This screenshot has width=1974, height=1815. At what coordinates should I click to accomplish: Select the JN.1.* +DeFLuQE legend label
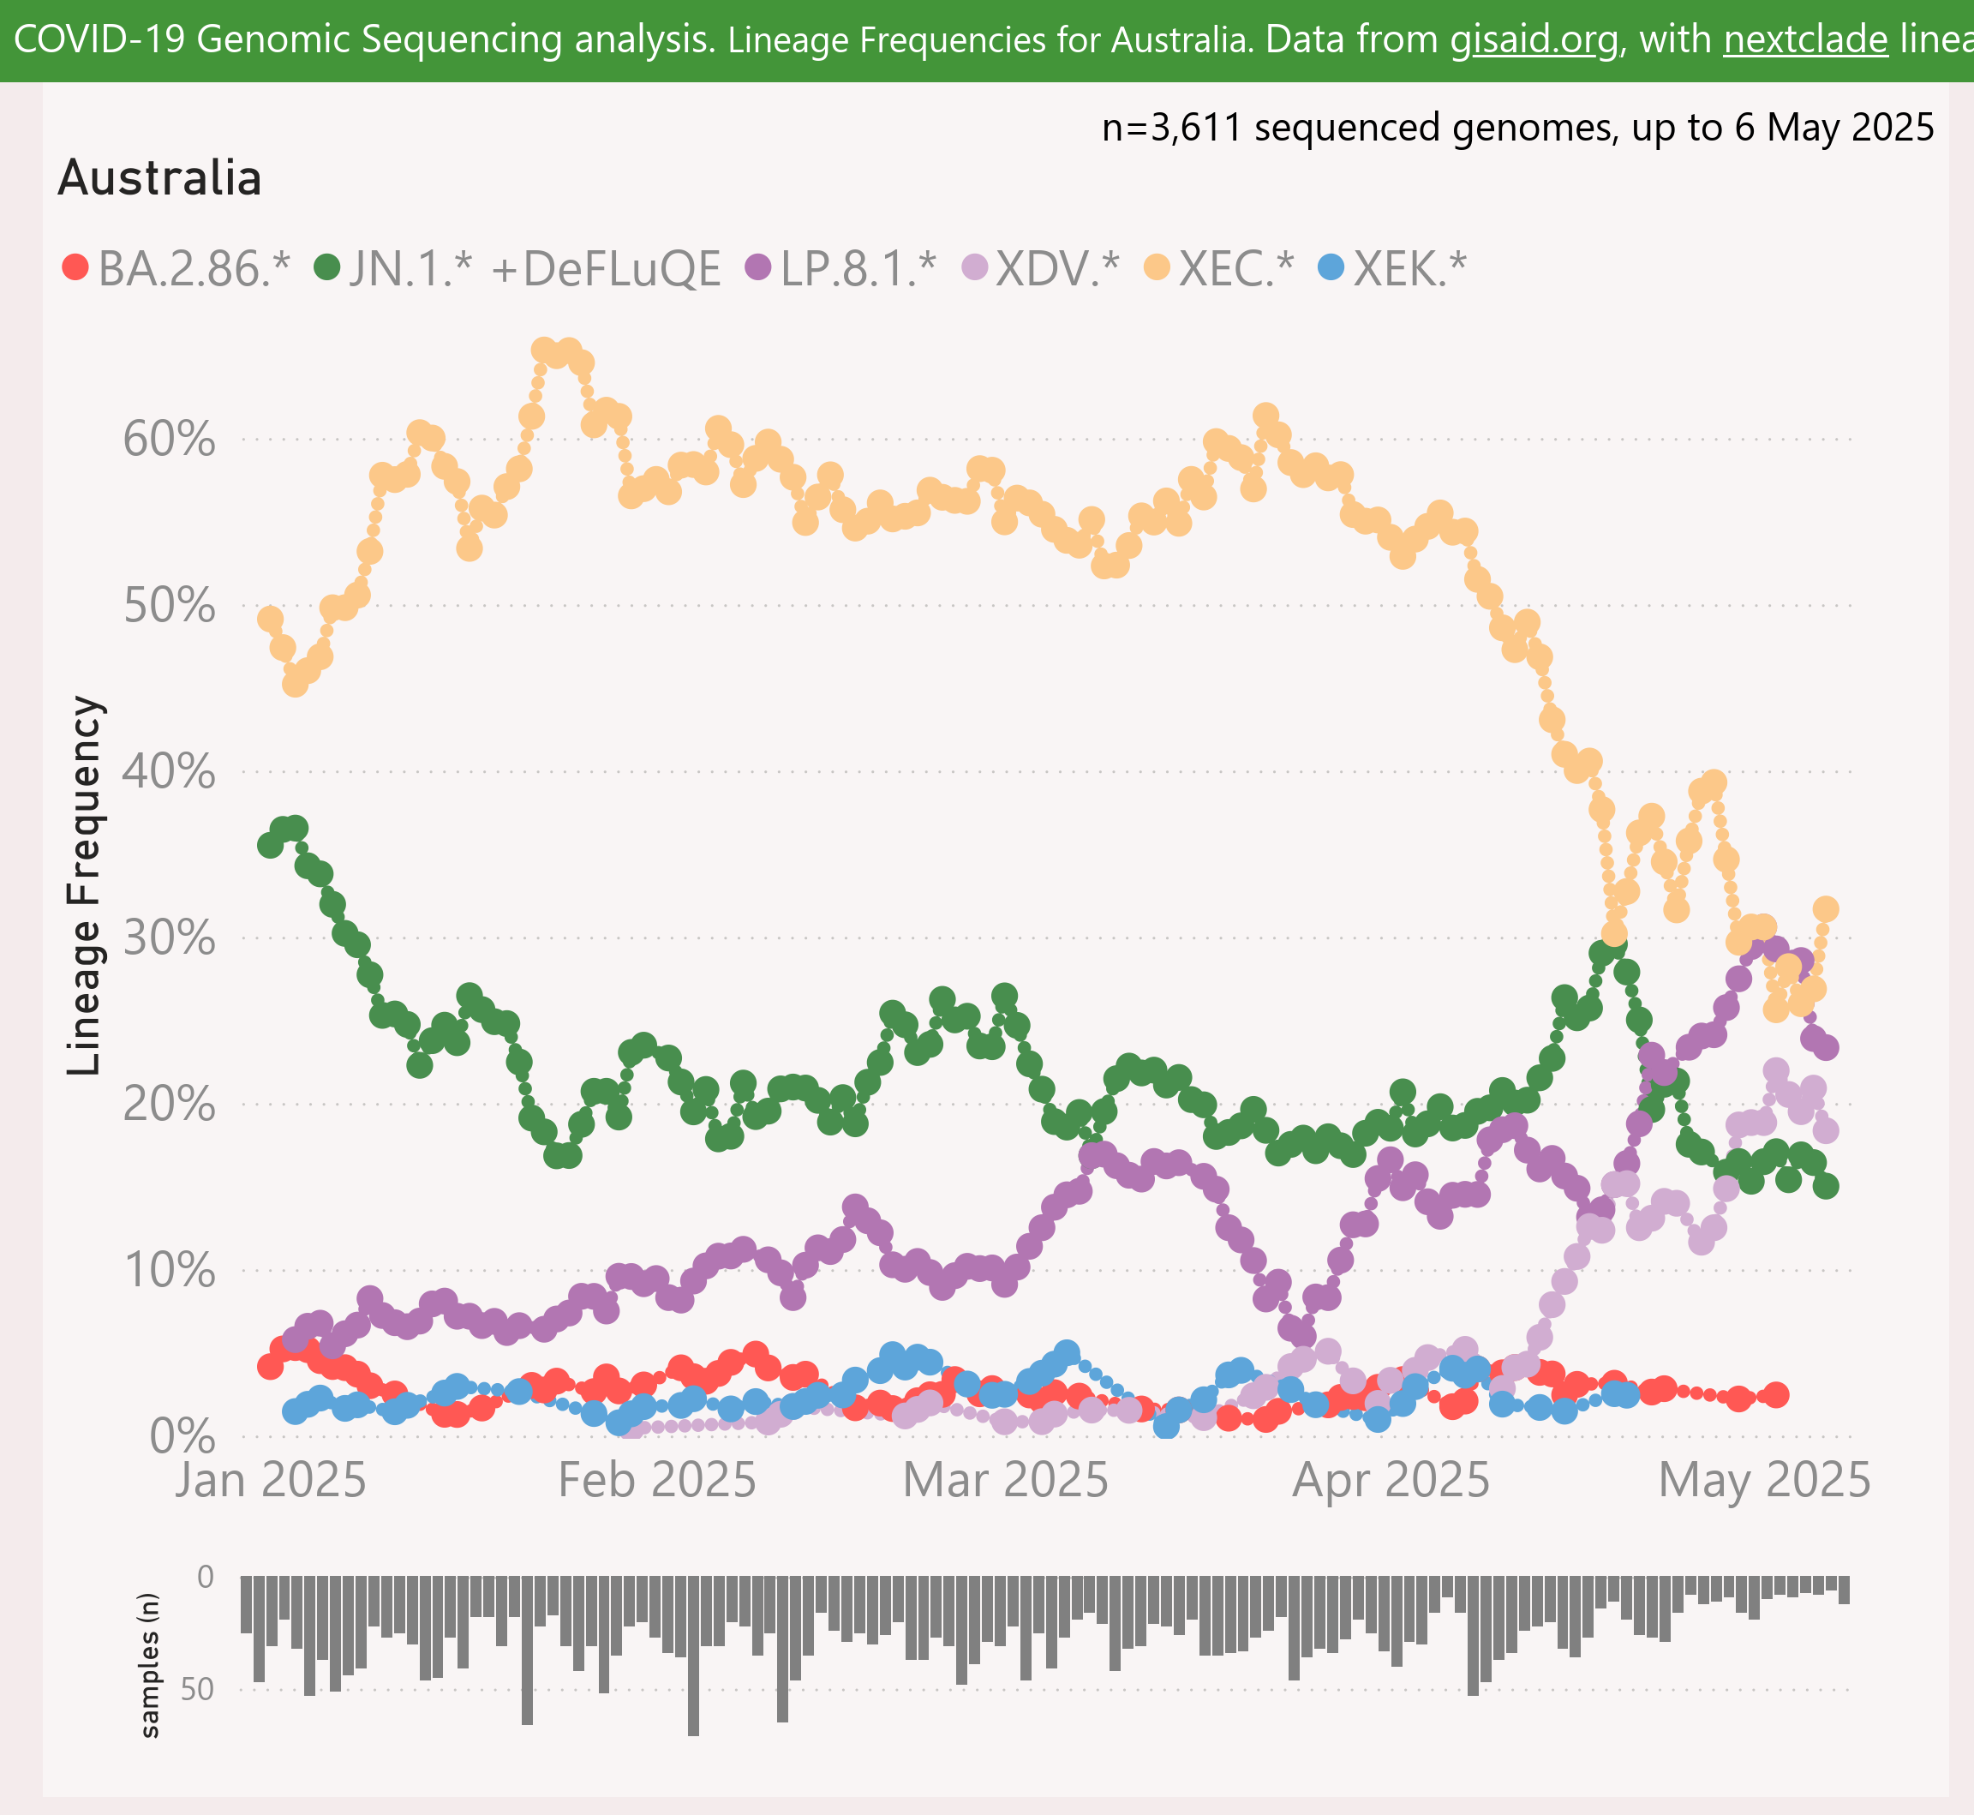click(535, 268)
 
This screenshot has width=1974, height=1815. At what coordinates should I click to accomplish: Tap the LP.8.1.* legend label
click(858, 268)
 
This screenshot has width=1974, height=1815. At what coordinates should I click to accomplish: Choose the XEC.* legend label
click(1236, 268)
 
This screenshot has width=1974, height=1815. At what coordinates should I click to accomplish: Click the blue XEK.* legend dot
click(1330, 267)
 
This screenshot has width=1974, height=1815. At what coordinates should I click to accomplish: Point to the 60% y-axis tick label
click(169, 439)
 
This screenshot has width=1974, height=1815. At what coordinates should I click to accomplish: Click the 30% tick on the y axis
click(169, 938)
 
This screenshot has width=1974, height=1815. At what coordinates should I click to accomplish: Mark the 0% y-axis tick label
click(182, 1437)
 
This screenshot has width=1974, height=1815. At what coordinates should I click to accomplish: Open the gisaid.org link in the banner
click(1535, 39)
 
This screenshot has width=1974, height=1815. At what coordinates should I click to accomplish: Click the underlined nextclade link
click(1805, 39)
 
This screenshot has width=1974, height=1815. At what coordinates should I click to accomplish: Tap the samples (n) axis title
click(149, 1665)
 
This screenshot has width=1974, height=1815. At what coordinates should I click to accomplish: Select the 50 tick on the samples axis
click(197, 1689)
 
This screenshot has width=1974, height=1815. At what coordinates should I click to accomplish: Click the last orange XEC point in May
click(1826, 908)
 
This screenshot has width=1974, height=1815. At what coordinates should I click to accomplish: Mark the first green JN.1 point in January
click(270, 845)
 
